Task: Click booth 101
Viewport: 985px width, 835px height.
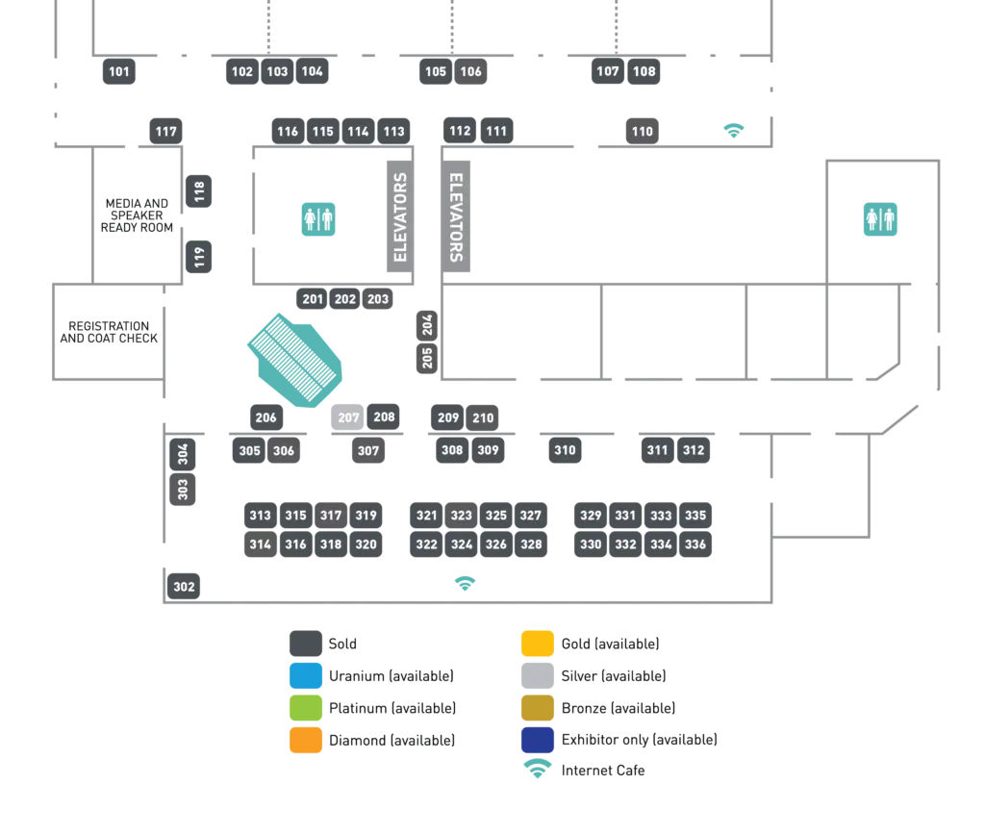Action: (x=119, y=72)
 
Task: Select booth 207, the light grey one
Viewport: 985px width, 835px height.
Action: (x=347, y=418)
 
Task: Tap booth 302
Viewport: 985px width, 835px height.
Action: (x=184, y=587)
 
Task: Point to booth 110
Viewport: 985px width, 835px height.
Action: (x=642, y=132)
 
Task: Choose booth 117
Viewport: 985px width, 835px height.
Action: (x=165, y=132)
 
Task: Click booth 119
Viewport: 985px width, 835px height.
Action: (x=199, y=257)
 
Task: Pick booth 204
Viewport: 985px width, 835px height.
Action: (x=428, y=324)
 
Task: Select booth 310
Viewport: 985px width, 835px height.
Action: (x=565, y=450)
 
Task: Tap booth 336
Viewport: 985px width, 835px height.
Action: (x=695, y=544)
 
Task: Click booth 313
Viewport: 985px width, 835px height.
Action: (x=260, y=516)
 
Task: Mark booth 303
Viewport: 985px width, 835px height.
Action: (x=183, y=490)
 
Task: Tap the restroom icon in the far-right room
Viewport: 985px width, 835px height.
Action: (x=880, y=219)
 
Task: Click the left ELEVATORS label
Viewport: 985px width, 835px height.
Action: (x=401, y=217)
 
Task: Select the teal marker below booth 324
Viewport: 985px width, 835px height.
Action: (x=466, y=581)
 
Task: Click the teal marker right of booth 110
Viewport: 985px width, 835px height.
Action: (x=734, y=129)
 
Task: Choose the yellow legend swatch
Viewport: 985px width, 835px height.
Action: (x=537, y=643)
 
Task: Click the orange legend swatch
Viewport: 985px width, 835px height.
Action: (x=304, y=739)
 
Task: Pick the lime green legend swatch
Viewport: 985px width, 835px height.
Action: (x=304, y=707)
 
